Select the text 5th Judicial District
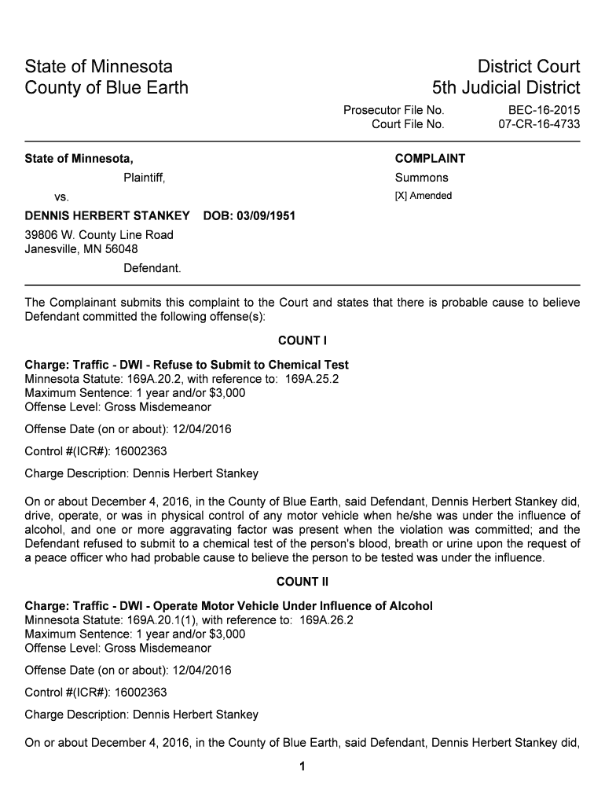[x=506, y=87]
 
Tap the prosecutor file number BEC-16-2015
[x=539, y=110]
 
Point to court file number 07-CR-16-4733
[x=539, y=124]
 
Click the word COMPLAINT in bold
[x=430, y=158]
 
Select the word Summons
[x=421, y=178]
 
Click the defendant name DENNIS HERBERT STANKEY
[x=107, y=215]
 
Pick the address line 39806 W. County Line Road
[x=99, y=235]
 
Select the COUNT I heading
[x=302, y=340]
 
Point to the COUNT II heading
[x=302, y=582]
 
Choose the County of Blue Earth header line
[x=107, y=87]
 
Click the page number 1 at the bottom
[x=302, y=767]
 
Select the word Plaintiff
[x=144, y=178]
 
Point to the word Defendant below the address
[x=152, y=269]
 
